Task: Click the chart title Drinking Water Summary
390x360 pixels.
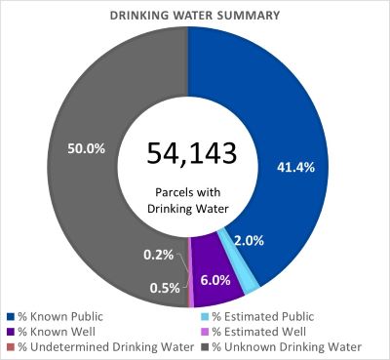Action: click(195, 15)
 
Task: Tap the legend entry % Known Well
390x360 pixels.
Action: click(54, 331)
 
